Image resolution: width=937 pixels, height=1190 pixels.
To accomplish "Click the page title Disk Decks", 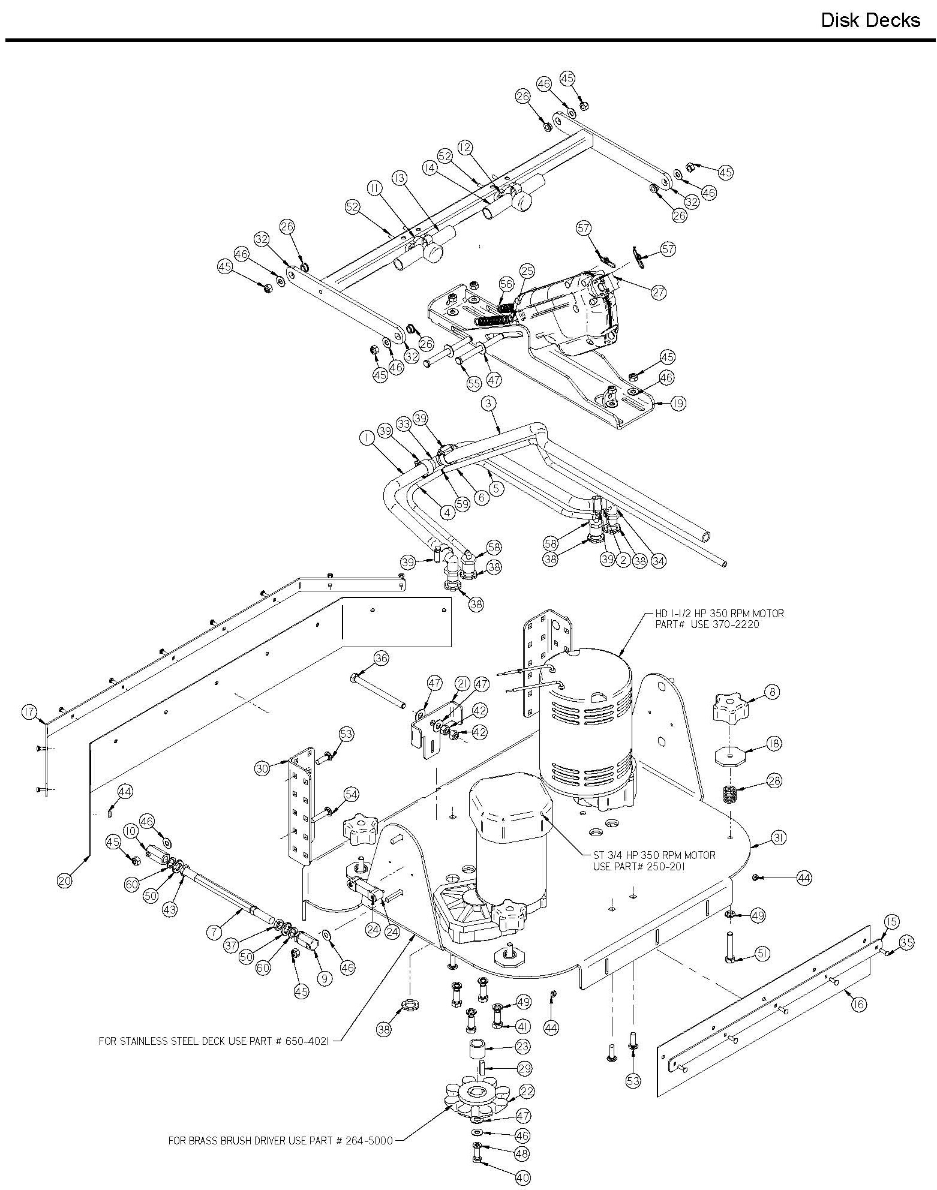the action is click(x=870, y=20).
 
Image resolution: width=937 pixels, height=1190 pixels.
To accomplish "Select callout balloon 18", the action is click(x=774, y=743).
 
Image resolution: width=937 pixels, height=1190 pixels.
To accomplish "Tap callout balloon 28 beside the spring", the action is click(x=774, y=780).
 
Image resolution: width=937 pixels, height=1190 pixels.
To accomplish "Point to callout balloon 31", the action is click(x=778, y=838).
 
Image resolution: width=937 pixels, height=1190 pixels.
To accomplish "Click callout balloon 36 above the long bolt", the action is click(x=381, y=658).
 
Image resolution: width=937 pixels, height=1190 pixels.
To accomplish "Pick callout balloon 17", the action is click(x=28, y=713).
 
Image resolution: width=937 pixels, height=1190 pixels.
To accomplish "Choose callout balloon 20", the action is click(x=65, y=880).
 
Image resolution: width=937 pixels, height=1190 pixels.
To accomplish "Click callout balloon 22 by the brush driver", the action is click(x=527, y=1090).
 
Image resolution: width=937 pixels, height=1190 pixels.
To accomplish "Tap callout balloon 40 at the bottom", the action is click(x=523, y=1177).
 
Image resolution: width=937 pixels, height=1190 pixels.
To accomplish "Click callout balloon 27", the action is click(x=659, y=292).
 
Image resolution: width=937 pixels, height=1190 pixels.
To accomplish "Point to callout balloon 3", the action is click(x=489, y=404).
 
